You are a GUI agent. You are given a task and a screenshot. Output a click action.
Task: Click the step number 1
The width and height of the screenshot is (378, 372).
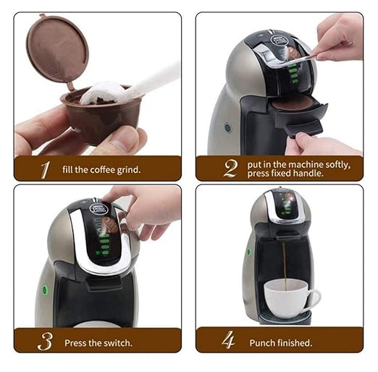(45, 170)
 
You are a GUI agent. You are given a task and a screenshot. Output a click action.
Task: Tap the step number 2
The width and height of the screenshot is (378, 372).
(230, 169)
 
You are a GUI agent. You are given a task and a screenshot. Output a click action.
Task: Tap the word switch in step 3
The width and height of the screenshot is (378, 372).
(114, 342)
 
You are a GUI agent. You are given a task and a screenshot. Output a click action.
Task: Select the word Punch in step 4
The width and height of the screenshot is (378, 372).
(261, 342)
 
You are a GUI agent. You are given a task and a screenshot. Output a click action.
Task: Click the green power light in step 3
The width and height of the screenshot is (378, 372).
(44, 290)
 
